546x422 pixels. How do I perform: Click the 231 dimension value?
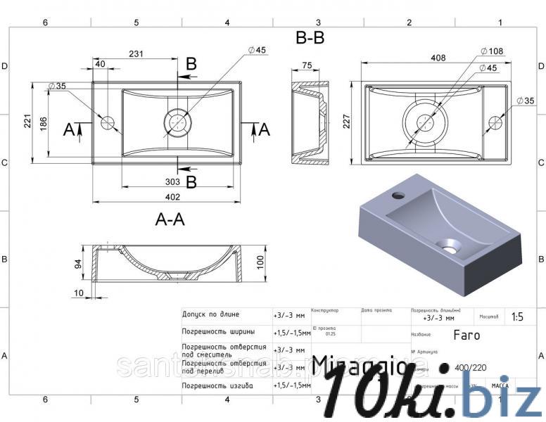(136, 53)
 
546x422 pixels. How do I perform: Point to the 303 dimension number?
(173, 182)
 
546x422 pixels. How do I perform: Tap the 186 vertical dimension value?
(44, 122)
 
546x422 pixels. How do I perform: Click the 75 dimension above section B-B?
(307, 65)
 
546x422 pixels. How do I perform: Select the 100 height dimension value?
(260, 262)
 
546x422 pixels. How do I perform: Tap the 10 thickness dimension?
(77, 293)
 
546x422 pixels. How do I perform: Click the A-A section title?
(170, 220)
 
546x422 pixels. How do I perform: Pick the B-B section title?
(310, 39)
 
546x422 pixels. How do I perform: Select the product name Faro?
(466, 335)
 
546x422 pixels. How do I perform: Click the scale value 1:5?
(517, 316)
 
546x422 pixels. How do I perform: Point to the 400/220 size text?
(471, 367)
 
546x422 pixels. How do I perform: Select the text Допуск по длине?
(210, 314)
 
